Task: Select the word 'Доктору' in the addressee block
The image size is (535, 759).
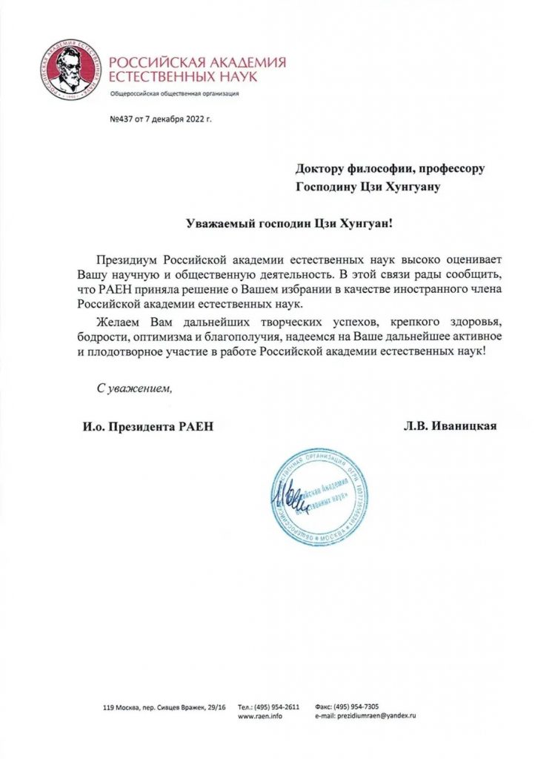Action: pyautogui.click(x=322, y=168)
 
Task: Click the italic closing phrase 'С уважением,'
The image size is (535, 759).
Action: pyautogui.click(x=135, y=388)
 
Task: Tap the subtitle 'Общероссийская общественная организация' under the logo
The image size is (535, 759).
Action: pyautogui.click(x=173, y=93)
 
